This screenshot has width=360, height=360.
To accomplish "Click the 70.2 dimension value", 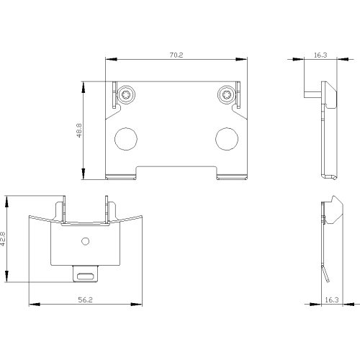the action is pyautogui.click(x=176, y=55).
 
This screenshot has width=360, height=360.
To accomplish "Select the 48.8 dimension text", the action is pyautogui.click(x=79, y=130).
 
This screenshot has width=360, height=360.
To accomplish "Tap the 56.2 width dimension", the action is pyautogui.click(x=85, y=300).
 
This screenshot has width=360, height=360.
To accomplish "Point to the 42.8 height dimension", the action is pyautogui.click(x=3, y=238).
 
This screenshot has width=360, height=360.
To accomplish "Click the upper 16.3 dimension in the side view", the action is pyautogui.click(x=320, y=55).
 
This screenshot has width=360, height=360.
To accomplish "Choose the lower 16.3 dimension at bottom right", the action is pyautogui.click(x=332, y=300).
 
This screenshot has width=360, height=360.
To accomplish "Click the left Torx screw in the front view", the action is pyautogui.click(x=126, y=94).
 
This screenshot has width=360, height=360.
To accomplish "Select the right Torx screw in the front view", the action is pyautogui.click(x=227, y=94).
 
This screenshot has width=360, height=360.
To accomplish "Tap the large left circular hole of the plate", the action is pyautogui.click(x=126, y=139).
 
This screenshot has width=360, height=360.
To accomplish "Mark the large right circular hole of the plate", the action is pyautogui.click(x=227, y=139).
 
